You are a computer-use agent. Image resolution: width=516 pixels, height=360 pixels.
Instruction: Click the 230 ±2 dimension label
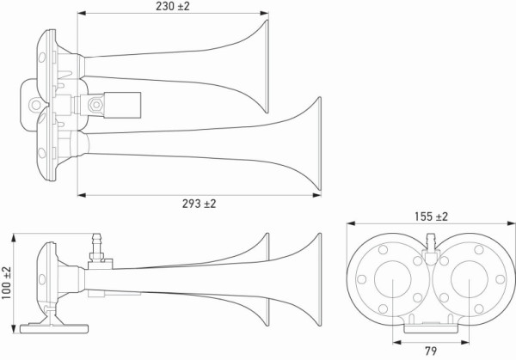click(171, 7)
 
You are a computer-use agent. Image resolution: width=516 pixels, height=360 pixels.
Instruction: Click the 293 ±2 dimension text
click(198, 204)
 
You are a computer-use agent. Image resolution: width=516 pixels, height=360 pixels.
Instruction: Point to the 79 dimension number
click(429, 351)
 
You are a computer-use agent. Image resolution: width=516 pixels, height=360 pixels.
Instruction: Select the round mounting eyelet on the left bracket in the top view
click(35, 105)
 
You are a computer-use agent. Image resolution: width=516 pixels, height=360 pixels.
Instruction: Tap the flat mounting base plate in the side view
click(57, 327)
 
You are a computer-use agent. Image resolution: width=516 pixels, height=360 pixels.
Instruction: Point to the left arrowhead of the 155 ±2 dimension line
click(350, 224)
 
